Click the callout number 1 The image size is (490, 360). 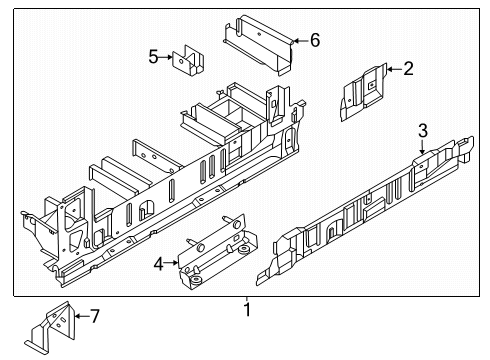[x=247, y=310]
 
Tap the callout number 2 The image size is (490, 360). [x=408, y=69]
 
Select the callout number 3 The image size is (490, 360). [x=423, y=130]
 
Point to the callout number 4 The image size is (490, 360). [x=159, y=264]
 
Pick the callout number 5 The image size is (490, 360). [x=153, y=56]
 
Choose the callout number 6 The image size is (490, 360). [x=315, y=40]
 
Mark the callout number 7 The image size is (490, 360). [x=95, y=316]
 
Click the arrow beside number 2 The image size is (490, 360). [x=394, y=69]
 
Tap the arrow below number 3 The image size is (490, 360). [x=422, y=147]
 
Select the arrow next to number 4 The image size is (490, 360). [x=172, y=263]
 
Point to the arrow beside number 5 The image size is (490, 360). [x=166, y=57]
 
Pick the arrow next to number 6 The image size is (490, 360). [x=300, y=41]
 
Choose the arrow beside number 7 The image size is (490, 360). [x=82, y=316]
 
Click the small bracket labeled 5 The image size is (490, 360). [x=188, y=60]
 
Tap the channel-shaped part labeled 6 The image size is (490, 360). [x=258, y=44]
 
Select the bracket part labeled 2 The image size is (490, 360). [x=363, y=92]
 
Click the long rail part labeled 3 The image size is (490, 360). [x=365, y=211]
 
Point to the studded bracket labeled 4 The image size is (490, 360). [x=218, y=252]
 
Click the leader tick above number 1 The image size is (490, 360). [x=247, y=299]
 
